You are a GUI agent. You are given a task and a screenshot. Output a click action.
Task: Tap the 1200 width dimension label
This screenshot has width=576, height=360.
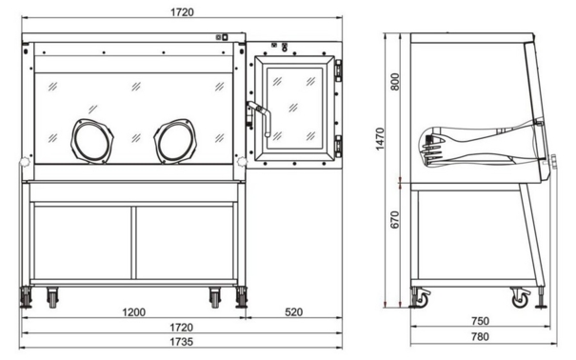[x=133, y=312]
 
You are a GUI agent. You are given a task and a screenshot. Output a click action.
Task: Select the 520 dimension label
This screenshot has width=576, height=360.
[x=294, y=312]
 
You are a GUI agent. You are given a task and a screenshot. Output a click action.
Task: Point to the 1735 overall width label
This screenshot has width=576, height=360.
[x=181, y=342]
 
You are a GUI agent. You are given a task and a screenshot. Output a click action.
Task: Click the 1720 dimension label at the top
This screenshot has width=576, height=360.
[x=182, y=12]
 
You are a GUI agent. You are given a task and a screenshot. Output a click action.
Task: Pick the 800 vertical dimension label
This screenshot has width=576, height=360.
[x=395, y=82]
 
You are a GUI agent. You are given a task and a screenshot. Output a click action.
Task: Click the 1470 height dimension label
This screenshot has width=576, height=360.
[x=380, y=138]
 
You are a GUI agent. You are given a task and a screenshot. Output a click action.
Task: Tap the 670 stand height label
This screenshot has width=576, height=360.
[x=395, y=219]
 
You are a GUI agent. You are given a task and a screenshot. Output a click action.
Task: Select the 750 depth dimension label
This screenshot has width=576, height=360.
[x=480, y=321]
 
